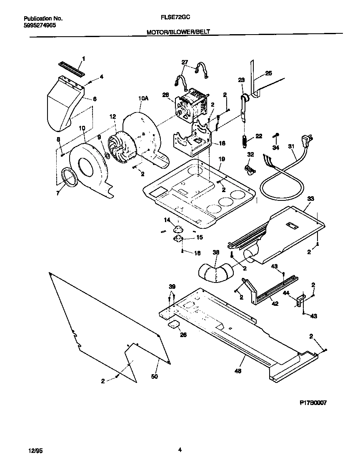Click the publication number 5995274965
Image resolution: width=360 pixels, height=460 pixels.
[x=40, y=25]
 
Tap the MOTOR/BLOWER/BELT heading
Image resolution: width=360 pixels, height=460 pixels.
[x=181, y=32]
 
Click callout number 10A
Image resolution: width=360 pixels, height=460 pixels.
[x=143, y=98]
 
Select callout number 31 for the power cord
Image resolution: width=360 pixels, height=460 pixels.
[x=291, y=147]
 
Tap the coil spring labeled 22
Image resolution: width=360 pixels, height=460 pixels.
[x=245, y=141]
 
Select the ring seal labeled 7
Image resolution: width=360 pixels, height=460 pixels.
[x=67, y=177]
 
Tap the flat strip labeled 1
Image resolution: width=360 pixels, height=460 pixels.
[x=71, y=68]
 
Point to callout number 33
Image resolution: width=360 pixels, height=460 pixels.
[x=310, y=199]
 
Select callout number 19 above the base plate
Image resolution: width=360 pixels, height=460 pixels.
[x=221, y=159]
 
